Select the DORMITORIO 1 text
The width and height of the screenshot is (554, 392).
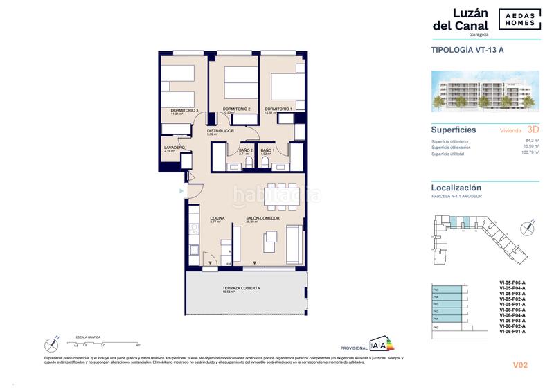(x=278, y=109)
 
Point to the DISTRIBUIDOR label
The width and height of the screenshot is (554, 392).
(x=220, y=130)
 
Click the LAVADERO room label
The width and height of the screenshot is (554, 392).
(x=175, y=147)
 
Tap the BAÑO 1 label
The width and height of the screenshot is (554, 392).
(x=268, y=150)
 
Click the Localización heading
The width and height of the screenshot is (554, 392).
(x=456, y=188)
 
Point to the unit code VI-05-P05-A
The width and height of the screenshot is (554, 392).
(x=512, y=283)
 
